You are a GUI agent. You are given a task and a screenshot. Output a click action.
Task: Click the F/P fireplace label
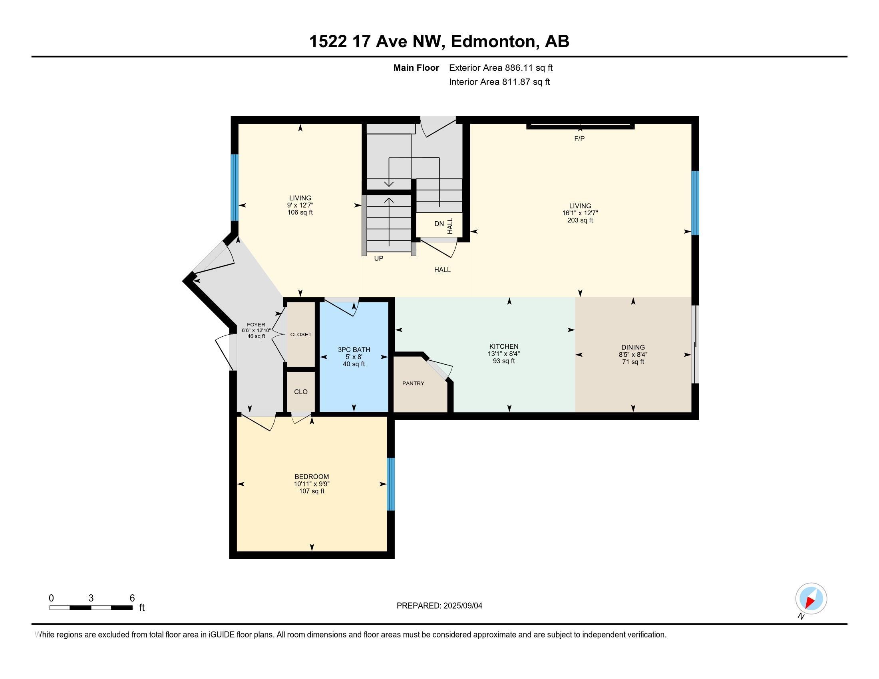click(579, 139)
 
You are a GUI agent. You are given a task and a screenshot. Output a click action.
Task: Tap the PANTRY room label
click(413, 383)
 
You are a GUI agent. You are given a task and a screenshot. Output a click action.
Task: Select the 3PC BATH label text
click(354, 349)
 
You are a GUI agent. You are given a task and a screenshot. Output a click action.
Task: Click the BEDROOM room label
click(312, 476)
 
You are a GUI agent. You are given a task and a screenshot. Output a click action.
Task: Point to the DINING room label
click(633, 347)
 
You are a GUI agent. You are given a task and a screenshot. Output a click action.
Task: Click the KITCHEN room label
click(503, 346)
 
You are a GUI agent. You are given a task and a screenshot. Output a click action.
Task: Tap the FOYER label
click(256, 325)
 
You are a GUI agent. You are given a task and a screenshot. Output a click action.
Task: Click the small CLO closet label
click(300, 392)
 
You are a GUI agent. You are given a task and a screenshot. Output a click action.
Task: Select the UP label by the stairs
click(378, 259)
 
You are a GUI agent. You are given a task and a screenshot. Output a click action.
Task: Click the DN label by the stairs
click(439, 224)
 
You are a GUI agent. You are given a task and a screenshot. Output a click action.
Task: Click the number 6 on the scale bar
click(132, 598)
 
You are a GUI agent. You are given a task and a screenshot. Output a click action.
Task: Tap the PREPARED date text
click(439, 606)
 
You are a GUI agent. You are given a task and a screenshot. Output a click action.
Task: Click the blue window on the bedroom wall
click(390, 484)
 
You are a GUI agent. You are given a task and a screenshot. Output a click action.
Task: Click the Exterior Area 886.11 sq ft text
click(501, 68)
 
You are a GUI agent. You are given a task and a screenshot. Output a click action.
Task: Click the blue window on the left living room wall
click(234, 187)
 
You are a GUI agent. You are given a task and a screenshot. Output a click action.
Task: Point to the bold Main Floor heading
click(416, 68)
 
